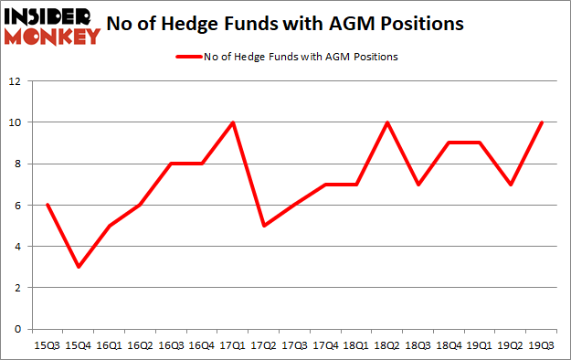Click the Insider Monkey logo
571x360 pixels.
pyautogui.click(x=51, y=25)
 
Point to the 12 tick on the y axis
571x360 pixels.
pyautogui.click(x=15, y=81)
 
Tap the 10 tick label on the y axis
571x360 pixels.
pyautogui.click(x=15, y=122)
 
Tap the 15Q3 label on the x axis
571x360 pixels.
pyautogui.click(x=48, y=347)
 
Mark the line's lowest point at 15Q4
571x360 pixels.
pyautogui.click(x=79, y=267)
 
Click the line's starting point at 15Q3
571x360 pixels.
pyautogui.click(x=48, y=205)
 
